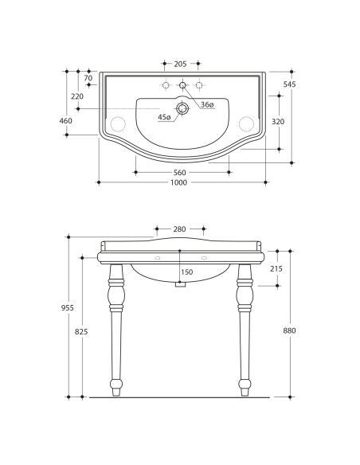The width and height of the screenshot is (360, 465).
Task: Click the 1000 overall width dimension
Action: tap(179, 182)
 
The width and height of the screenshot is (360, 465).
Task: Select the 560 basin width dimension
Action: tap(179, 173)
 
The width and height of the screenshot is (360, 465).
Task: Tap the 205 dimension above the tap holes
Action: tap(180, 64)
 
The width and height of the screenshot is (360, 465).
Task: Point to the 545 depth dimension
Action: tap(289, 84)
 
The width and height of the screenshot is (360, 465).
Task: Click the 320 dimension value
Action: tap(278, 122)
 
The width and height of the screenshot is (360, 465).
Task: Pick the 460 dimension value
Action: tap(66, 121)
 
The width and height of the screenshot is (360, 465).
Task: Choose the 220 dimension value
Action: tap(77, 96)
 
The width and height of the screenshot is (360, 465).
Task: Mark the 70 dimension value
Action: tap(88, 78)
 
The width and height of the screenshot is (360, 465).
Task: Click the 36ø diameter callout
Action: tap(207, 104)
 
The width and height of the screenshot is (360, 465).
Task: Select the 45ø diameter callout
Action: tap(164, 117)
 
